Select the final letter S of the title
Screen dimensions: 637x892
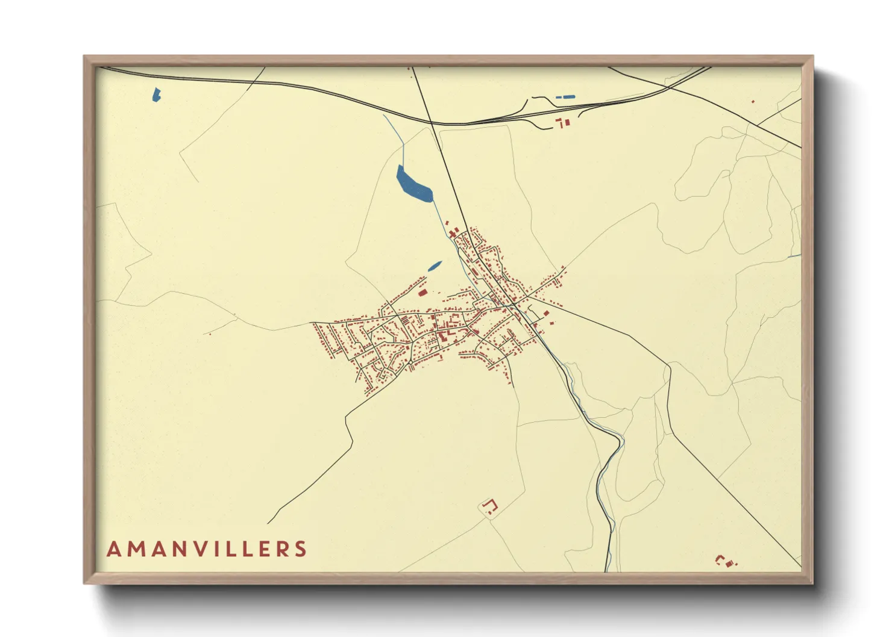click(x=300, y=549)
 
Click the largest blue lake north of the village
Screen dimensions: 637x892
click(x=413, y=184)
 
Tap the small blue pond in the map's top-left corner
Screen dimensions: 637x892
click(x=157, y=95)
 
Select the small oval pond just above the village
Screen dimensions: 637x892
click(x=434, y=266)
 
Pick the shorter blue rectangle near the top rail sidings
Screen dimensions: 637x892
click(x=557, y=97)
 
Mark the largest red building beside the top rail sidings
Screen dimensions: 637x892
click(x=565, y=122)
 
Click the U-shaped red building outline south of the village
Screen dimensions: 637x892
click(x=490, y=506)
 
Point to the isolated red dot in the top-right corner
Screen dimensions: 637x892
click(x=753, y=101)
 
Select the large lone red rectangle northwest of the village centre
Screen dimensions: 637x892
click(x=422, y=293)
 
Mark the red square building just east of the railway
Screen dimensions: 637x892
click(x=546, y=313)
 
